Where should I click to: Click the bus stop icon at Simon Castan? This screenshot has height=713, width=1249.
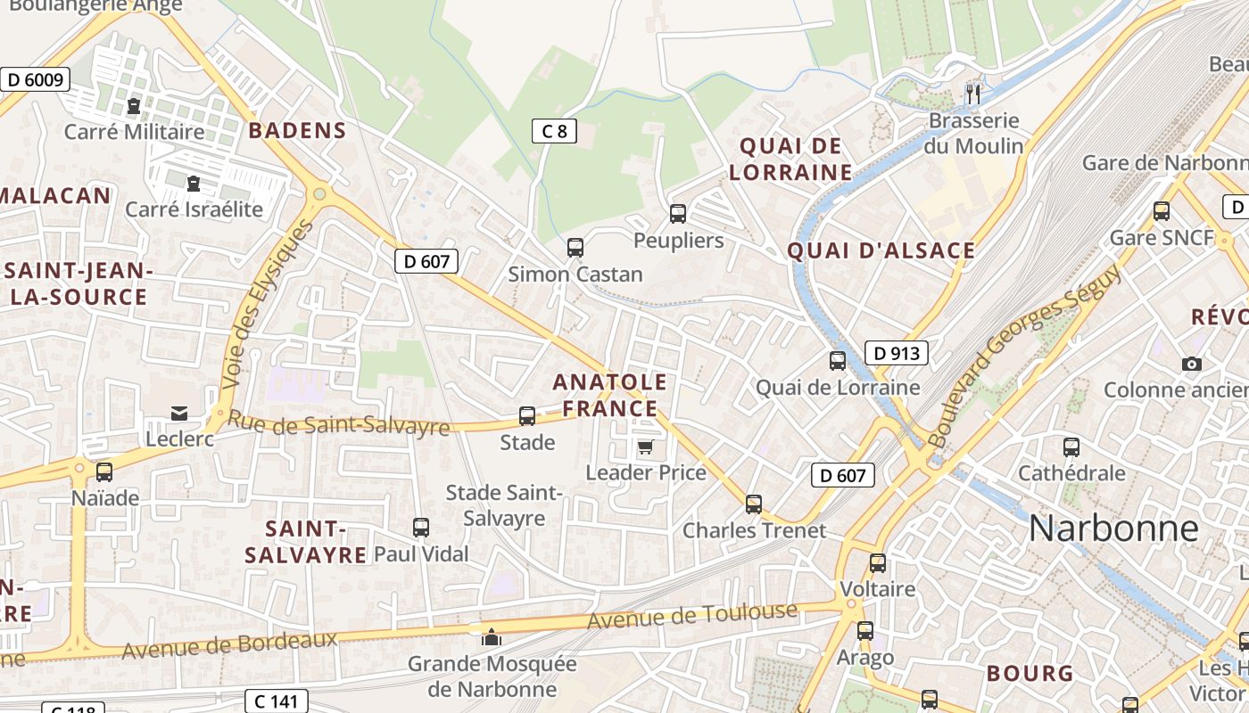[x=575, y=248]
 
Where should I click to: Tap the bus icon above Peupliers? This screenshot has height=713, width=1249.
[x=678, y=214]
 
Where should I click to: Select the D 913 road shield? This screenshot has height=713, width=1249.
[x=897, y=353]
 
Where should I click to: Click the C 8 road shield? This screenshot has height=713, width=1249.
[x=554, y=132]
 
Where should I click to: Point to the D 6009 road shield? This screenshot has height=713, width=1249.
[x=34, y=79]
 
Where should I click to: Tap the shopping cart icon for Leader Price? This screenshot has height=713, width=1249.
[x=645, y=447]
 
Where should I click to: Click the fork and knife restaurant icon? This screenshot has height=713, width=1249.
[x=973, y=94]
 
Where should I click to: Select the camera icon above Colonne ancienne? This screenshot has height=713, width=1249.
[x=1191, y=364]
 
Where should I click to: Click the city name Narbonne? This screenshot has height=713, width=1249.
[x=1113, y=529]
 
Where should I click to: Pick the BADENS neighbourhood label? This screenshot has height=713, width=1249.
[x=297, y=131]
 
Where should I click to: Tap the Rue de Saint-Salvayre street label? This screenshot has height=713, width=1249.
[x=338, y=422]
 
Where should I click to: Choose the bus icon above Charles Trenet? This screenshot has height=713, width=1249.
[x=754, y=504]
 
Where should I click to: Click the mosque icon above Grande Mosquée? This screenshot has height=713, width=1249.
[x=492, y=637]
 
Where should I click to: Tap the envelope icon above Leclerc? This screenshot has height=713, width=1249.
[x=179, y=413]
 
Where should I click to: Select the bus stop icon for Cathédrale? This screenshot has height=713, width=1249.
[x=1071, y=447]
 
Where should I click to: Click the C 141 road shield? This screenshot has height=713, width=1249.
[x=277, y=701]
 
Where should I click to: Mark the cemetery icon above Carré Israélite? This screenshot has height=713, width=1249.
[x=194, y=184]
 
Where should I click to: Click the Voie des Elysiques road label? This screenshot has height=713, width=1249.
[x=269, y=302]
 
